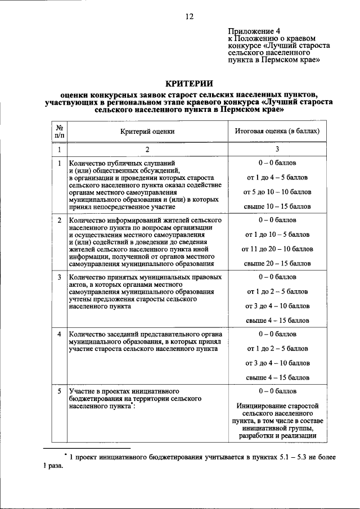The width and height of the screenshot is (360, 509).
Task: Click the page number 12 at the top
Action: [x=190, y=16]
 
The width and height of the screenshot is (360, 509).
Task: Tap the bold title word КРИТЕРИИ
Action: [x=189, y=83]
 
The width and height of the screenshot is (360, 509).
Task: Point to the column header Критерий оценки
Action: [x=147, y=131]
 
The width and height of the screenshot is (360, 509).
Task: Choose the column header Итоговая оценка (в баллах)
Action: [x=277, y=131]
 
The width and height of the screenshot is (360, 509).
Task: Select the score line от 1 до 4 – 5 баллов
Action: [x=277, y=178]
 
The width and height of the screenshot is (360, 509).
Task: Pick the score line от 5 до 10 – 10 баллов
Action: [x=277, y=192]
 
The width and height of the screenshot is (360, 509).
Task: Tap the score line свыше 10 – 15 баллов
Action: [x=277, y=207]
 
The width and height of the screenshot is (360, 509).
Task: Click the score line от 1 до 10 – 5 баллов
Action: [x=277, y=234]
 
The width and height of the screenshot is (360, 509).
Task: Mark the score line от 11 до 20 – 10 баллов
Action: [x=277, y=249]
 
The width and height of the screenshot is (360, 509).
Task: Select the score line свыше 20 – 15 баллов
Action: [x=277, y=263]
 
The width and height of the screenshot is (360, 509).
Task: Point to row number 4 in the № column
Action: [x=59, y=334]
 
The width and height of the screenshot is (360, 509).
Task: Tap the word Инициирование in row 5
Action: [x=263, y=405]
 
